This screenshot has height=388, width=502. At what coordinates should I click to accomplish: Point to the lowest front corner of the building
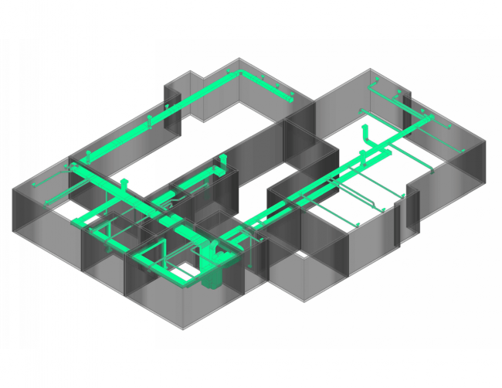click(183, 328)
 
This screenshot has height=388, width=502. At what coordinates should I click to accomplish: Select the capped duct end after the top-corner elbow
click(291, 98)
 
